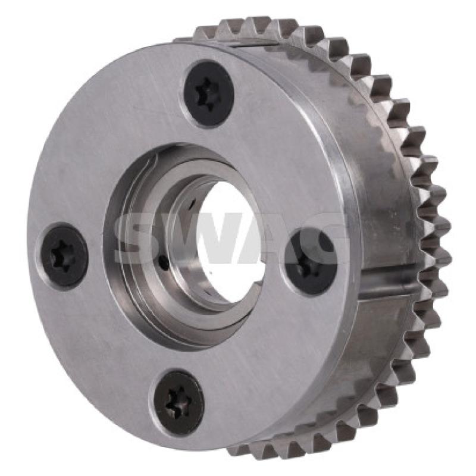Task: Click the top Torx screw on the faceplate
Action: (x=209, y=93)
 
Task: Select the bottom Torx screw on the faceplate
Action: (x=180, y=402)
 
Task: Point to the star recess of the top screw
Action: (x=207, y=93)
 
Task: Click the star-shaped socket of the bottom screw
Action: (x=177, y=402)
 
